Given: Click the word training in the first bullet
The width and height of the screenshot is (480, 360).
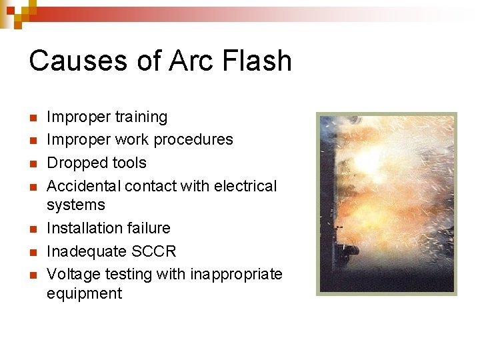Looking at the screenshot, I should (141, 117).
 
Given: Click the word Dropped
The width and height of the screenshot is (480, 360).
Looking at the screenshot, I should (75, 163).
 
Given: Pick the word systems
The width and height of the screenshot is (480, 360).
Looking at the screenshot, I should (76, 205).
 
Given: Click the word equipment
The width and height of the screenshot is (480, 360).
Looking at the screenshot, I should (84, 294).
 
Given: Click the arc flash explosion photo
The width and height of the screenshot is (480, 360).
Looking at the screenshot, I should (386, 203).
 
